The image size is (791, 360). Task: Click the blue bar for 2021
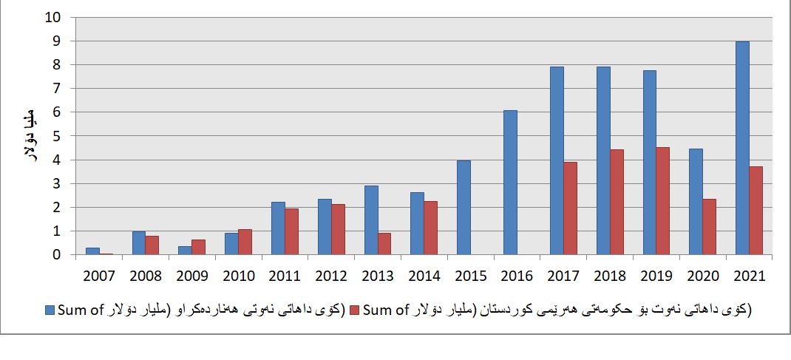pos(742,149)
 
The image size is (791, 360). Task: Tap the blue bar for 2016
pos(510,183)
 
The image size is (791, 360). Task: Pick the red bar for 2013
pos(385,244)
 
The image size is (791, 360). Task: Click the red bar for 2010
pos(245,242)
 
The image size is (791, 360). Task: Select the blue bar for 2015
pos(464,208)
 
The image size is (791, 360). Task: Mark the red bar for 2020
pos(709,227)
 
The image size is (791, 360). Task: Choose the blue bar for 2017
pos(556,161)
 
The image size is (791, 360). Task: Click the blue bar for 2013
pos(371,220)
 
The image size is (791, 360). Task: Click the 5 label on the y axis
pos(59,136)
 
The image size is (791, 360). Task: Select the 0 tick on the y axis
pos(59,255)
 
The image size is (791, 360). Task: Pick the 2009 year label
pos(191,276)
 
